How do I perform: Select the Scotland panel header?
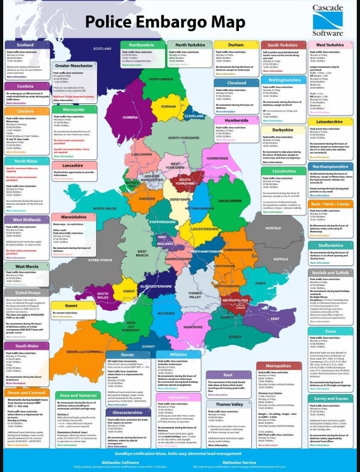point(25,45)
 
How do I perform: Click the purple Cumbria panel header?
point(25,86)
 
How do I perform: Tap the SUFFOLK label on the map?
point(281,258)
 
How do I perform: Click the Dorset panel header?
point(127,354)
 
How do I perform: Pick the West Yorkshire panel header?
point(330,45)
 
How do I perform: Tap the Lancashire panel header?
point(72,166)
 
